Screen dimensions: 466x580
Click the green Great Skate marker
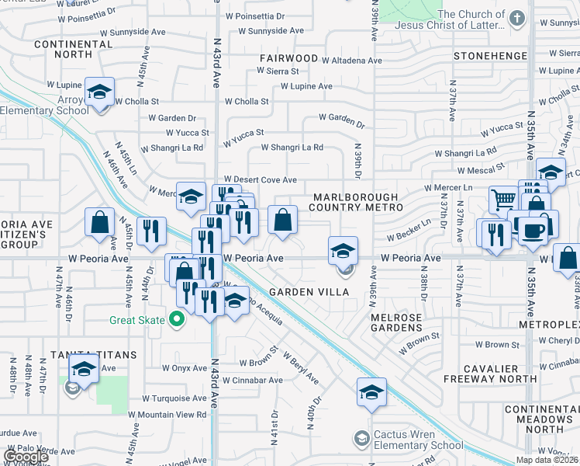click(x=177, y=318)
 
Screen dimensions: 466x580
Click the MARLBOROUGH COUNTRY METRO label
click(x=355, y=203)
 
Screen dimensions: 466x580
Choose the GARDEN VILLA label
click(x=306, y=291)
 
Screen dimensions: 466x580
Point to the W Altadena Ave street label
click(x=352, y=60)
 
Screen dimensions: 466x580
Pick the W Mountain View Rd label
click(x=167, y=415)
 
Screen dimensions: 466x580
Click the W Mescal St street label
click(x=481, y=170)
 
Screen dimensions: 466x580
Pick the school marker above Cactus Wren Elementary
click(x=371, y=392)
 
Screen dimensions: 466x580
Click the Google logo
click(x=26, y=457)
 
